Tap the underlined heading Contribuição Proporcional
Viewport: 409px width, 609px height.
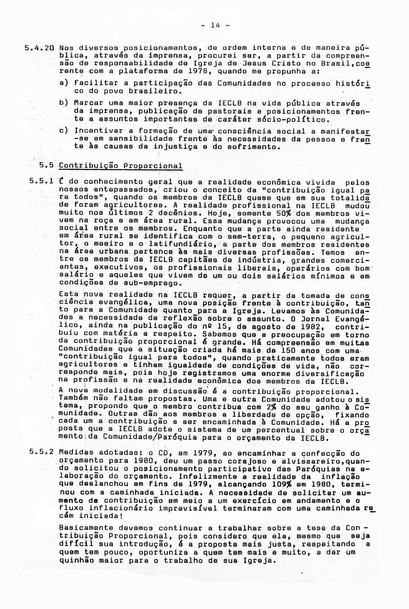tap(120, 166)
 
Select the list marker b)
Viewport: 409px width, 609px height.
tap(63, 103)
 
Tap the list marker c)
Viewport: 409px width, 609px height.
tap(63, 131)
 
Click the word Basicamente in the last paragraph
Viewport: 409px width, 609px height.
tap(86, 528)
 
